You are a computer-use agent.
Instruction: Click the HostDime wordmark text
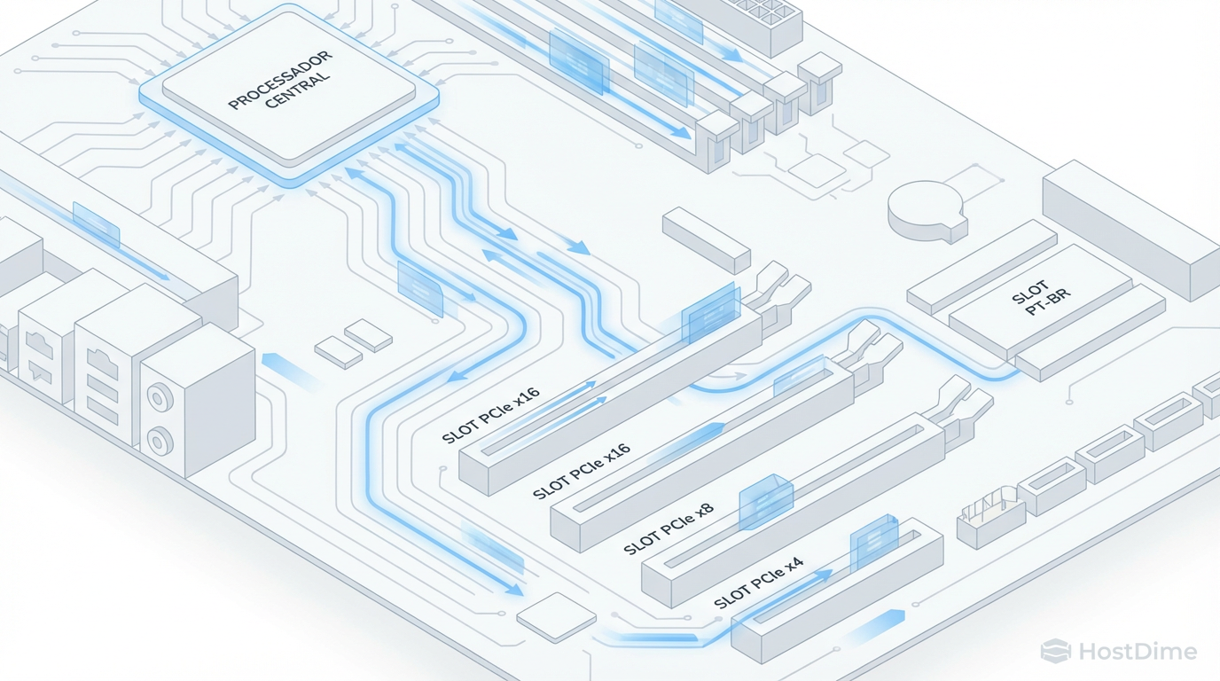tap(1138, 652)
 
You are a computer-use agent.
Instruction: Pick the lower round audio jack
tap(160, 440)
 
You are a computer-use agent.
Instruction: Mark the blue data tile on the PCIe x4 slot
tap(873, 541)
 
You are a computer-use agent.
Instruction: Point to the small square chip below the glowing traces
tap(556, 615)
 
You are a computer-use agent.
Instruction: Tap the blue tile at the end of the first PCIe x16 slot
tap(710, 313)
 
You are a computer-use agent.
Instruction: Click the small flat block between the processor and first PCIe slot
tap(706, 239)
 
